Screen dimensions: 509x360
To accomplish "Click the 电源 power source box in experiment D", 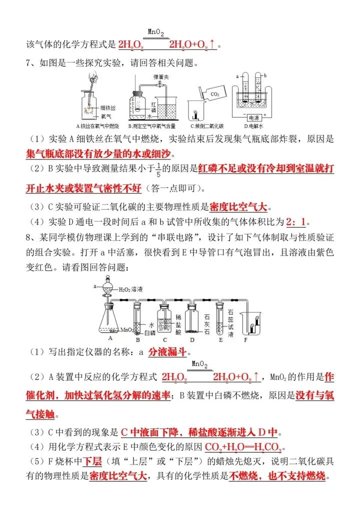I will pyautogui.click(x=256, y=118).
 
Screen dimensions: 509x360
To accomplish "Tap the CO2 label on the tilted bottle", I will pyautogui.click(x=214, y=93).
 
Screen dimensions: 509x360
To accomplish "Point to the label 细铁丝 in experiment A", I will pyautogui.click(x=108, y=107).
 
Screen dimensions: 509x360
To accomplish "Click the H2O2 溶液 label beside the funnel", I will pyautogui.click(x=131, y=289).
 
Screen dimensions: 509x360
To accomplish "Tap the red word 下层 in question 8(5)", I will pyautogui.click(x=92, y=461).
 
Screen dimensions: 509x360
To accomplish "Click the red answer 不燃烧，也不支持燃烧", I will pyautogui.click(x=277, y=475).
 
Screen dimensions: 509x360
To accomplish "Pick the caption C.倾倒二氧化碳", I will pyautogui.click(x=206, y=126).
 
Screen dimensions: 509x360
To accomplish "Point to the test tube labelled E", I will pyautogui.click(x=219, y=317).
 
